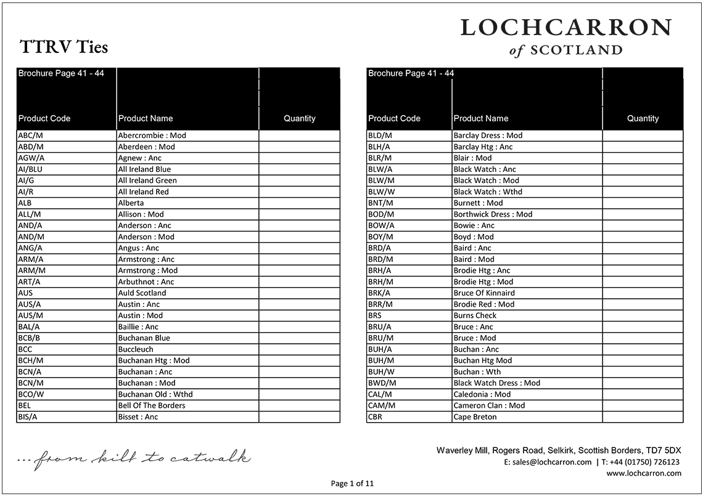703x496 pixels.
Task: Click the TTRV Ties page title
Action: click(x=64, y=47)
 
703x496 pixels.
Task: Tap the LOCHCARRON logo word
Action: click(x=565, y=28)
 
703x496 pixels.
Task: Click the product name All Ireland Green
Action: click(x=147, y=181)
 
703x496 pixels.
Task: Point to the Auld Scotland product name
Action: click(x=142, y=293)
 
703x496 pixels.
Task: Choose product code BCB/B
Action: click(x=30, y=338)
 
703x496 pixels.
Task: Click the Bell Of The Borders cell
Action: click(x=152, y=405)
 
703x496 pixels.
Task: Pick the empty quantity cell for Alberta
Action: click(x=299, y=203)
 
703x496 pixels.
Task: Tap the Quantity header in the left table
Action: click(x=299, y=118)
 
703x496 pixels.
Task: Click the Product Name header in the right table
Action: click(x=481, y=118)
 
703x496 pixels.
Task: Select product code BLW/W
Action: click(x=381, y=192)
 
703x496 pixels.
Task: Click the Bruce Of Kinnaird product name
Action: click(x=484, y=293)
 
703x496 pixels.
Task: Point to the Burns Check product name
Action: click(x=475, y=315)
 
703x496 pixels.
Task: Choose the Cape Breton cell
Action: click(x=475, y=417)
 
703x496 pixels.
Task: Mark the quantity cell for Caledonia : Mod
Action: click(x=643, y=394)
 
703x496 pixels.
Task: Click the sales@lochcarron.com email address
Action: click(x=548, y=462)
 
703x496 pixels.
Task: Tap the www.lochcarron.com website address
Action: click(x=644, y=473)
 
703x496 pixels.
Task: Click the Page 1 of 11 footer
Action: click(x=352, y=484)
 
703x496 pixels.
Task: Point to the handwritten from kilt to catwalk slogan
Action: click(x=134, y=458)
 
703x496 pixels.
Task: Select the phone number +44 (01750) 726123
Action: click(x=644, y=462)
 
